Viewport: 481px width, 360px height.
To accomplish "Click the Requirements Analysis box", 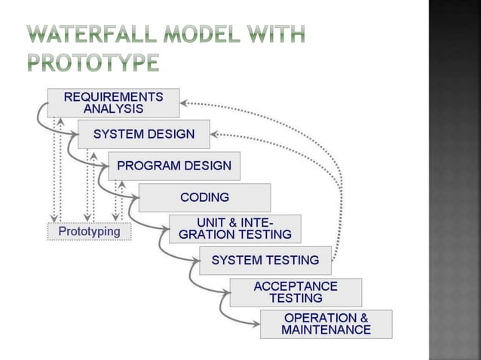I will click(x=113, y=102).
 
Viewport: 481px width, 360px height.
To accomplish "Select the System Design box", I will click(x=143, y=135).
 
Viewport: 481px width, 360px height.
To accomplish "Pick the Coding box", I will click(x=204, y=198).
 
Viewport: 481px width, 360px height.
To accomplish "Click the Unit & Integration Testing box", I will click(x=234, y=229).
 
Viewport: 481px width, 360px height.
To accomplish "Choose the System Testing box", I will click(x=265, y=261).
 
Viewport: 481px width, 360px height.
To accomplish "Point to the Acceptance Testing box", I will click(x=295, y=292).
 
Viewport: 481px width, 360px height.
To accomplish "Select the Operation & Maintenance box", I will click(x=326, y=324).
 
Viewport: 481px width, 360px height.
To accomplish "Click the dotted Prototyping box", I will click(x=90, y=231).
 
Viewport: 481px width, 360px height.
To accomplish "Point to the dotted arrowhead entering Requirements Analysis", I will click(x=185, y=102).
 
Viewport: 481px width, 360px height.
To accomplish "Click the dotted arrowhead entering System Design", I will click(x=216, y=135).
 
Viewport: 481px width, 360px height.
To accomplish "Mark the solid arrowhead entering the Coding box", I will click(x=135, y=199).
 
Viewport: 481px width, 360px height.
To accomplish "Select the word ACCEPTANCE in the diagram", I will click(x=295, y=286).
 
